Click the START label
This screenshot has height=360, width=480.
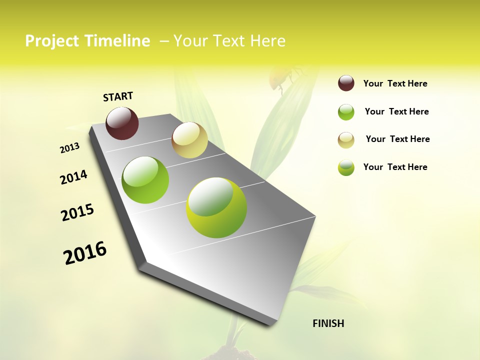pyautogui.click(x=118, y=96)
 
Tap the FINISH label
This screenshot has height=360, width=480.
pyautogui.click(x=328, y=323)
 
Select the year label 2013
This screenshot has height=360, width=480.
pyautogui.click(x=70, y=147)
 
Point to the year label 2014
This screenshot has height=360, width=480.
pyautogui.click(x=73, y=177)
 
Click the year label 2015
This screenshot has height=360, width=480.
pyautogui.click(x=77, y=212)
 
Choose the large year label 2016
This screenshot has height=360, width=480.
pyautogui.click(x=85, y=253)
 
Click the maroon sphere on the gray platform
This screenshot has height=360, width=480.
pyautogui.click(x=122, y=123)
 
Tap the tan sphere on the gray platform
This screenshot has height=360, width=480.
pyautogui.click(x=189, y=140)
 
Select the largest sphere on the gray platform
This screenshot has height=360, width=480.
pyautogui.click(x=216, y=207)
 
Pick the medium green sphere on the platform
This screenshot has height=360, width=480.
pyautogui.click(x=145, y=180)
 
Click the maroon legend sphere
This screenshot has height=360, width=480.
pyautogui.click(x=346, y=83)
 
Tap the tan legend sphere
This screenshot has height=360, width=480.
pyautogui.click(x=346, y=140)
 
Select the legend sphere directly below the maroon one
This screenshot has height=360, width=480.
pyautogui.click(x=346, y=112)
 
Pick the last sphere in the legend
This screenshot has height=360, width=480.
pyautogui.click(x=346, y=167)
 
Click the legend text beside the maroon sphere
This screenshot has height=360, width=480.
pyautogui.click(x=395, y=83)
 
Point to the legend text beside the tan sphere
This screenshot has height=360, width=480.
pyautogui.click(x=397, y=139)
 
